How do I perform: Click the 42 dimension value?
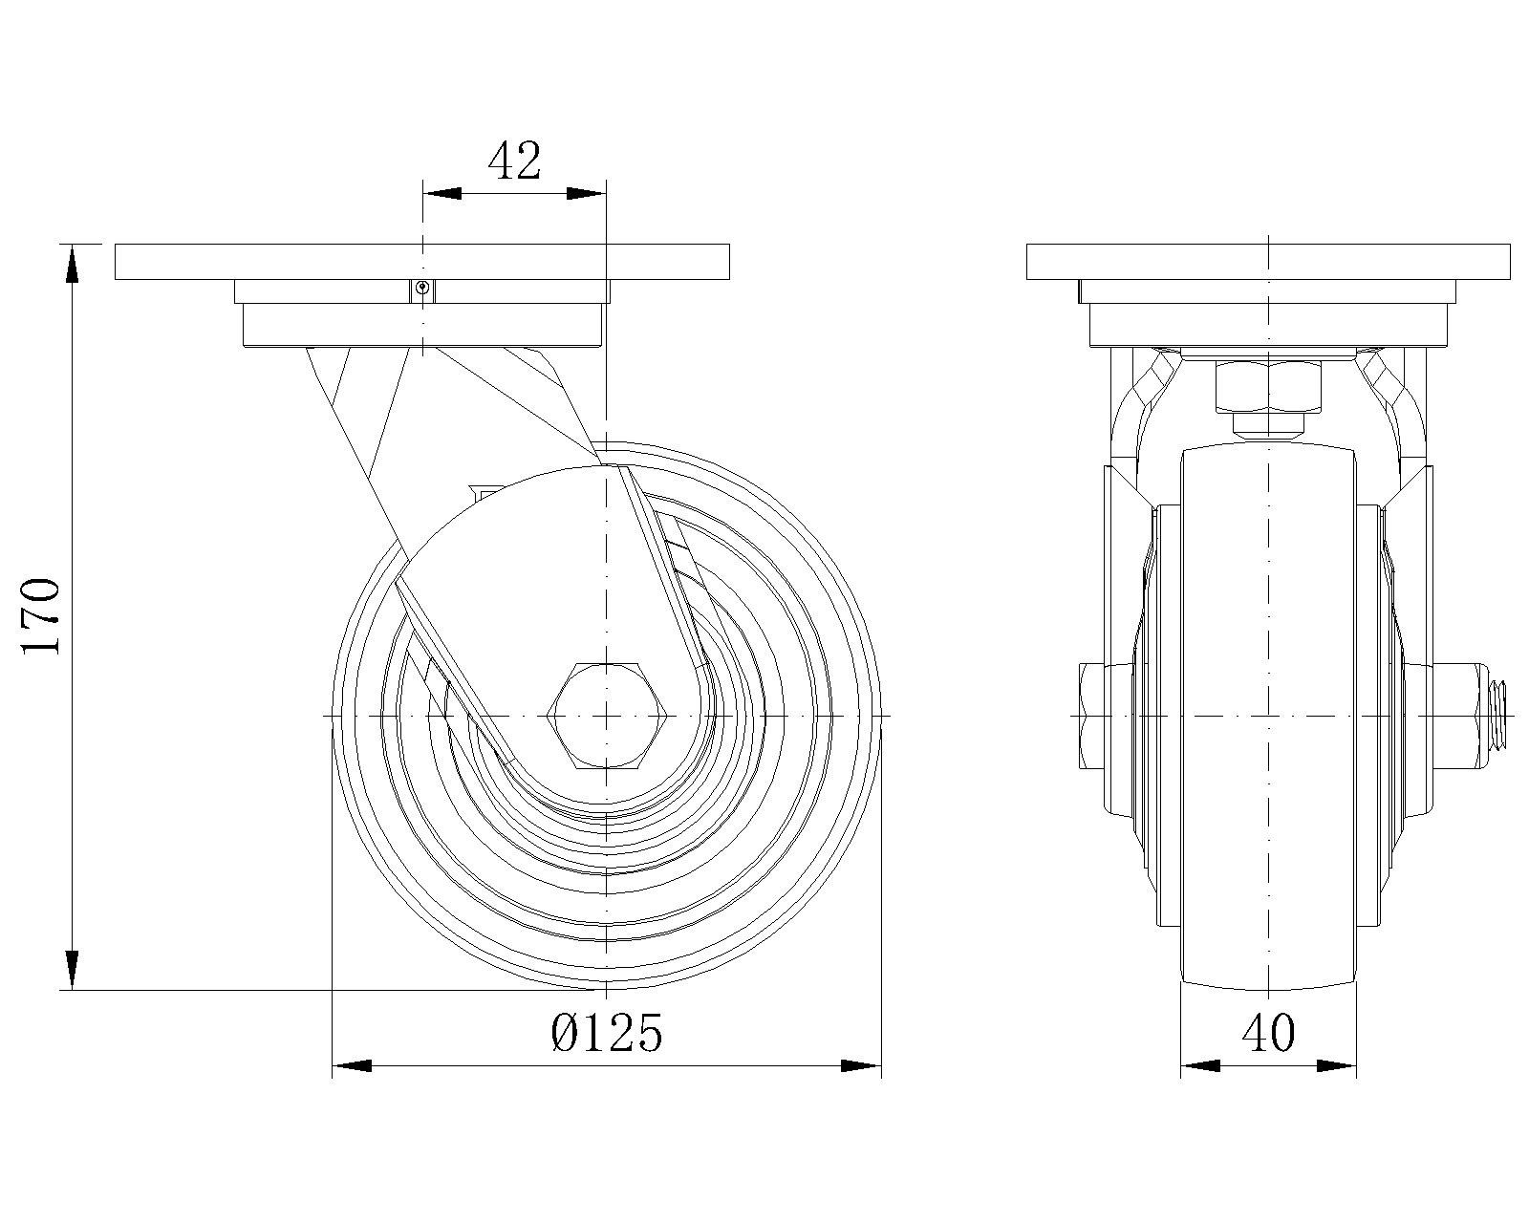click(x=514, y=161)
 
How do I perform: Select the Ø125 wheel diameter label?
click(x=607, y=1033)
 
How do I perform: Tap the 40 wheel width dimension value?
click(x=1268, y=1033)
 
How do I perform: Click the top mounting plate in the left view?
click(x=421, y=261)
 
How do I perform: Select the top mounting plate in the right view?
click(x=1268, y=261)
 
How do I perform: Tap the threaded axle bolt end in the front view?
click(x=1500, y=714)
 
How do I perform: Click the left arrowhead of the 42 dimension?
click(x=441, y=193)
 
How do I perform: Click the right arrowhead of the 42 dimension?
click(x=586, y=193)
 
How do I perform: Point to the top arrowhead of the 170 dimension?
click(x=72, y=263)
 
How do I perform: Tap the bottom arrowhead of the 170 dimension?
click(x=72, y=971)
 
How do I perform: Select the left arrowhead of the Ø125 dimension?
click(x=351, y=1065)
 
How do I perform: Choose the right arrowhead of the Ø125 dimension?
click(x=861, y=1065)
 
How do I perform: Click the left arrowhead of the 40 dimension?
click(x=1200, y=1065)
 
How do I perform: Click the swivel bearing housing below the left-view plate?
click(x=421, y=325)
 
